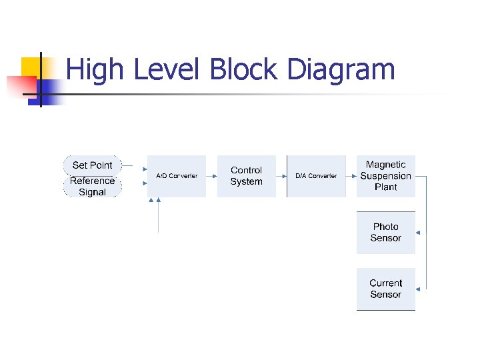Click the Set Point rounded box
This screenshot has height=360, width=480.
(93, 165)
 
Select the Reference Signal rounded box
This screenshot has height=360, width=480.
(93, 187)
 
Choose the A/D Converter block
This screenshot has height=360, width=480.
(177, 176)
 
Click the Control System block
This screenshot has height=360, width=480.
(246, 176)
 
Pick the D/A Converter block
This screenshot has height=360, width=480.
(316, 176)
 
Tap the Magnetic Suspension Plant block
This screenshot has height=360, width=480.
(385, 176)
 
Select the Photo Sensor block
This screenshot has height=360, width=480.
(385, 233)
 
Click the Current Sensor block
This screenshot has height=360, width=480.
(385, 289)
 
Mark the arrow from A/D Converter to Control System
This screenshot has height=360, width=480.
(212, 176)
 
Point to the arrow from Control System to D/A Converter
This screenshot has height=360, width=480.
(281, 176)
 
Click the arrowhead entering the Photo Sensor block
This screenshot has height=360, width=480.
(418, 233)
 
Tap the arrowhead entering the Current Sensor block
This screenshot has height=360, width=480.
(418, 289)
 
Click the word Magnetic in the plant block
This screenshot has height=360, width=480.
(385, 165)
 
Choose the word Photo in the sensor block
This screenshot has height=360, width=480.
(385, 227)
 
